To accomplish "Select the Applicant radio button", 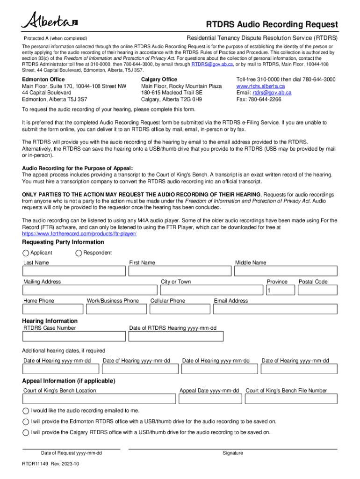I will point(26,253).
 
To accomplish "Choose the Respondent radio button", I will point(79,253).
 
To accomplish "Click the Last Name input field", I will point(74,271).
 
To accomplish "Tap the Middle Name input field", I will point(286,271).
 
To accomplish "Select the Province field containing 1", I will point(280,291).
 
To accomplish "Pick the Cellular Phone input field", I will point(180,309).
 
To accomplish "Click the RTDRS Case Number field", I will point(74,336).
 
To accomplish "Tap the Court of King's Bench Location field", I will point(100,399).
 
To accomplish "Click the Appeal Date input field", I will point(210,399).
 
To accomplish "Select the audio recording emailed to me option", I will point(26,411).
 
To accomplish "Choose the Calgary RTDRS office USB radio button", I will point(26,432).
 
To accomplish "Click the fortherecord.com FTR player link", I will point(79,233).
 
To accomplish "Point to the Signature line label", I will point(233,453).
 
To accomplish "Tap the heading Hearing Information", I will point(50,321).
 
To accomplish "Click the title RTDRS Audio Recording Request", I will point(272,24).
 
